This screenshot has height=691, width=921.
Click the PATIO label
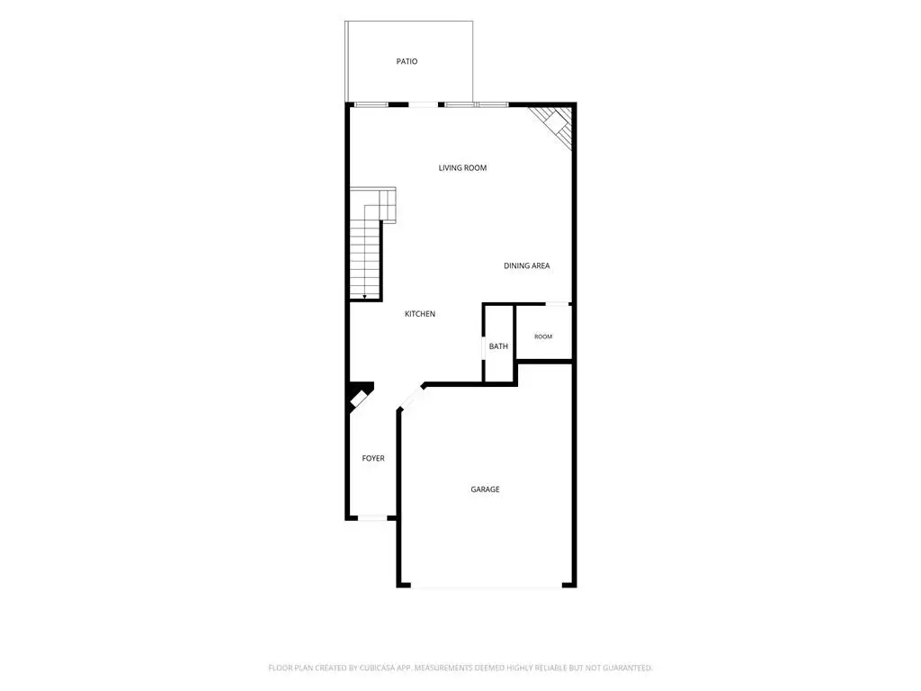(x=407, y=61)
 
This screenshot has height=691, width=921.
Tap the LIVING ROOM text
(x=462, y=168)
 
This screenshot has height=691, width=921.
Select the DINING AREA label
(x=526, y=265)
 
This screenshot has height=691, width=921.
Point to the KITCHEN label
(x=420, y=314)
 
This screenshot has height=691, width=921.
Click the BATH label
(x=498, y=346)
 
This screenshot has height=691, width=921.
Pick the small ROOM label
(x=543, y=337)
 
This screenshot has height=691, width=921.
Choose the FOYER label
(x=373, y=458)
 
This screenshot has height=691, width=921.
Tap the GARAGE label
(x=485, y=489)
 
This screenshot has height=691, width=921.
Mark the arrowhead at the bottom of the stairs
(x=365, y=297)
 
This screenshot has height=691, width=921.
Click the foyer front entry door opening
(x=372, y=517)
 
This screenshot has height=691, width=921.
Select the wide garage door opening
(x=487, y=586)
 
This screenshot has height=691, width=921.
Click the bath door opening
(x=483, y=347)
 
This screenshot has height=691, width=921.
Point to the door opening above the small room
(x=558, y=304)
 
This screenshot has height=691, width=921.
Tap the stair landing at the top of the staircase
(x=388, y=204)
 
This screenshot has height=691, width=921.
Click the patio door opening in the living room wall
(x=423, y=104)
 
